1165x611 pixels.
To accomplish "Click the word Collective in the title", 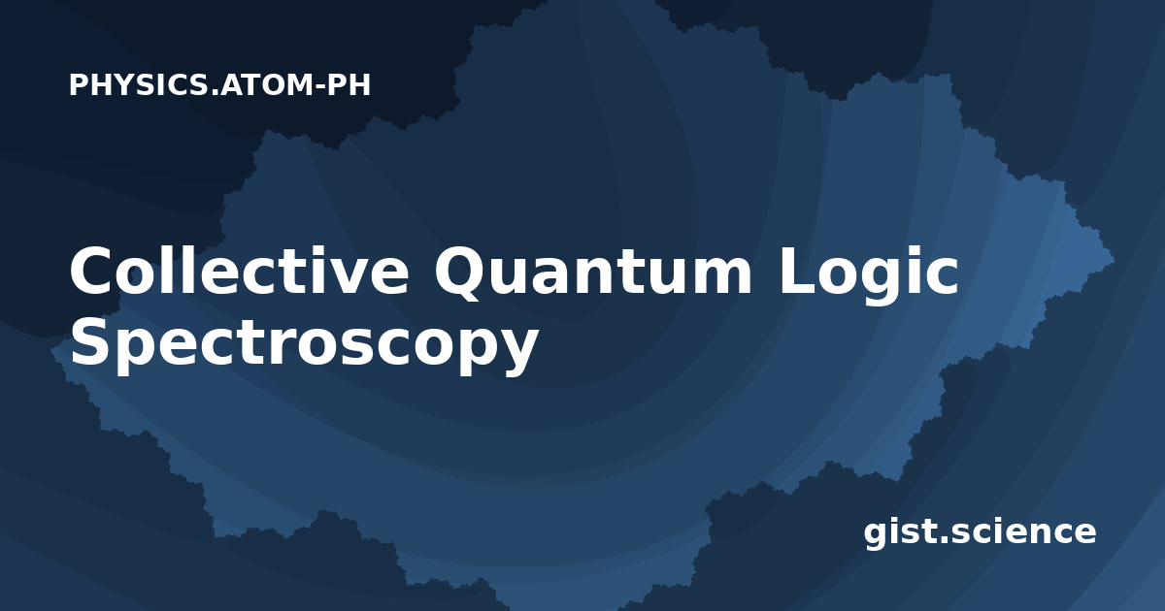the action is tap(239, 271).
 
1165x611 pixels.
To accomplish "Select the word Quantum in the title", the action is tap(593, 272).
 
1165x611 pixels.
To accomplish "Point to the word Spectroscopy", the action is tap(304, 344).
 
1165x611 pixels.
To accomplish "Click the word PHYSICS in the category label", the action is tap(140, 84).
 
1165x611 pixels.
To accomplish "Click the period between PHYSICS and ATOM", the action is tap(215, 93).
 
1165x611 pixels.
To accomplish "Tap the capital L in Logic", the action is tap(798, 271).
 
